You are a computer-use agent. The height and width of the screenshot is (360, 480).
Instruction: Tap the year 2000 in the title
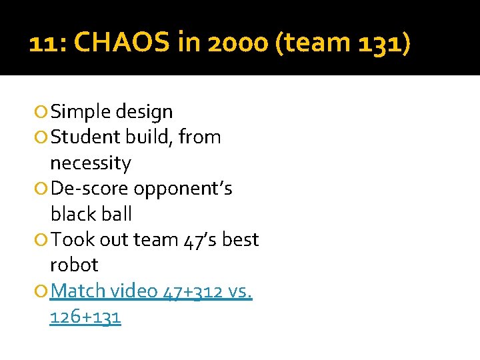tap(229, 44)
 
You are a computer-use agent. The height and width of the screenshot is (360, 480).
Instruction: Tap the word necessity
tap(91, 163)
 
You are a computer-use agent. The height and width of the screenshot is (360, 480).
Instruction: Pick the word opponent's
tap(183, 189)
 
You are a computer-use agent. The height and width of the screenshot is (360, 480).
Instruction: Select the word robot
tap(74, 265)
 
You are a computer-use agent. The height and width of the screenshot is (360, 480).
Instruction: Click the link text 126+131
tap(85, 316)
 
